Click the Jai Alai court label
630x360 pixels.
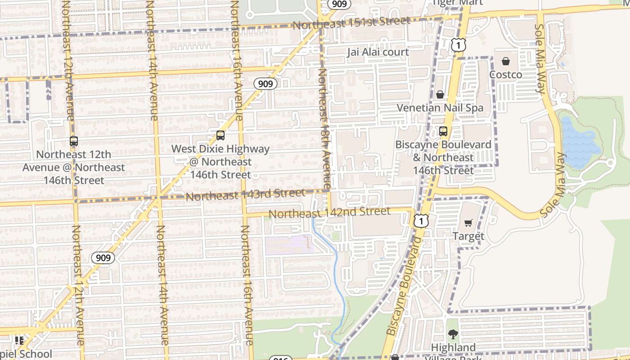[378, 52]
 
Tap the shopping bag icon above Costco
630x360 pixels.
[506, 61]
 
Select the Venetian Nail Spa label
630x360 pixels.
[440, 108]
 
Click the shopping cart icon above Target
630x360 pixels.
[468, 223]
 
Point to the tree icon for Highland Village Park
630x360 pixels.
[453, 334]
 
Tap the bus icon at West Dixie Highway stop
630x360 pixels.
[220, 135]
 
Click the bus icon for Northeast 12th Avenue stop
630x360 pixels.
[74, 141]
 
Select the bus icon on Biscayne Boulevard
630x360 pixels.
[443, 131]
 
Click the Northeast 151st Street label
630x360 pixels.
[351, 22]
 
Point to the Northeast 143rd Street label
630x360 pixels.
[245, 195]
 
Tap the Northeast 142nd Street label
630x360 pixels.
[329, 212]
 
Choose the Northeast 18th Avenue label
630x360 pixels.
[324, 128]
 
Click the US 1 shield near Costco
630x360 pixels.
[458, 45]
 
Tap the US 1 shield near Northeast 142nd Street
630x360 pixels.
[421, 220]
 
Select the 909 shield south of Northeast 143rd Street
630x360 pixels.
[103, 258]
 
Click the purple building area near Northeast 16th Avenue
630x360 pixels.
[288, 245]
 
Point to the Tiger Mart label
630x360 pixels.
[457, 3]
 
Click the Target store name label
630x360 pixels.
[468, 236]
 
